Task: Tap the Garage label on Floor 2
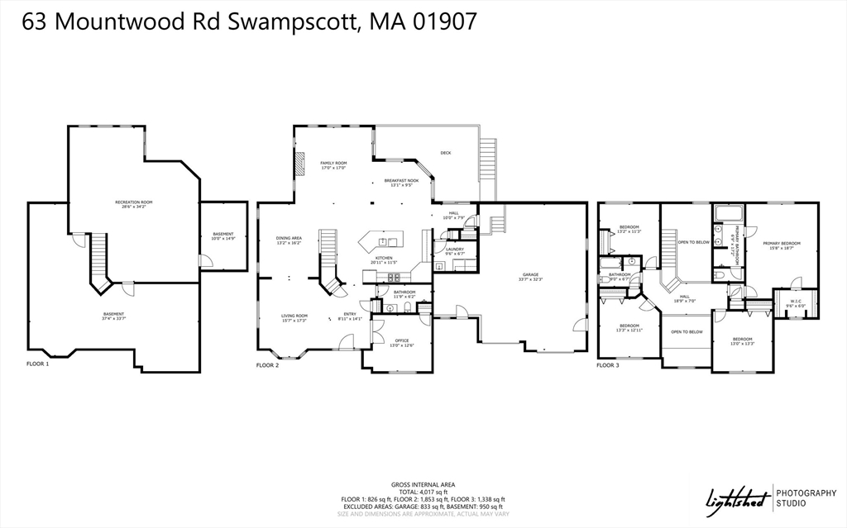[530, 277]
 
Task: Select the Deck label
[445, 153]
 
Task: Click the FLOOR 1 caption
[38, 364]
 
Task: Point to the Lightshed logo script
[735, 497]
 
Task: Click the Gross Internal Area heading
[423, 484]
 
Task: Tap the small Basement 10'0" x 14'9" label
[223, 235]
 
